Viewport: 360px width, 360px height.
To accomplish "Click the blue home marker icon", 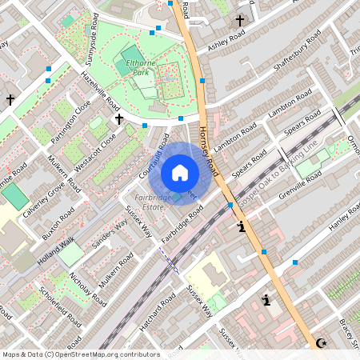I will coord(180,173).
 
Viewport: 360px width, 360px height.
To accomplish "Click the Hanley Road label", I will coord(334,216).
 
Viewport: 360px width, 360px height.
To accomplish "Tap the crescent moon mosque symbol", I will coord(322,343).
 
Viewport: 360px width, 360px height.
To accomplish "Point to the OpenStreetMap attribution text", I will coord(81,354).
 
